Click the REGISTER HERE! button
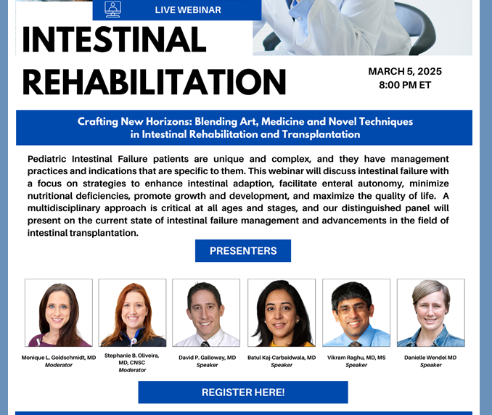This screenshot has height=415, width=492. click(243, 393)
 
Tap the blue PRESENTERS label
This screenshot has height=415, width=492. click(243, 251)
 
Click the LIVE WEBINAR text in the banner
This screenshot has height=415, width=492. click(188, 10)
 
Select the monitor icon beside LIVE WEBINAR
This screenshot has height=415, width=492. click(112, 9)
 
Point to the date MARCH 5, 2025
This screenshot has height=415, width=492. click(405, 72)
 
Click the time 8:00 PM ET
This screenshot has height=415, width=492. click(405, 85)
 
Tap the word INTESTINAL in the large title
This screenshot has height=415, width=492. click(114, 41)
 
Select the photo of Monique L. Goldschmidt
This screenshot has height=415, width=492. click(59, 313)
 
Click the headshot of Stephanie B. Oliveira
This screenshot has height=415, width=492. click(133, 313)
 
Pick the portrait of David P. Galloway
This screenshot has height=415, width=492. click(206, 313)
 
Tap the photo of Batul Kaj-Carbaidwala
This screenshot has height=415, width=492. click(282, 313)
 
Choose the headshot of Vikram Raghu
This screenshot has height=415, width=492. click(356, 313)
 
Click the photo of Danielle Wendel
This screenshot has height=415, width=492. click(430, 313)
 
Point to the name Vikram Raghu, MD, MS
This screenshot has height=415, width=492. click(356, 358)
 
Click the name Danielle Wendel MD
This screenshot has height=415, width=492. click(430, 358)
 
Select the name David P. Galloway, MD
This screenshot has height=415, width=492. click(207, 358)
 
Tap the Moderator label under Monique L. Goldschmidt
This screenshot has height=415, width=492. click(59, 365)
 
